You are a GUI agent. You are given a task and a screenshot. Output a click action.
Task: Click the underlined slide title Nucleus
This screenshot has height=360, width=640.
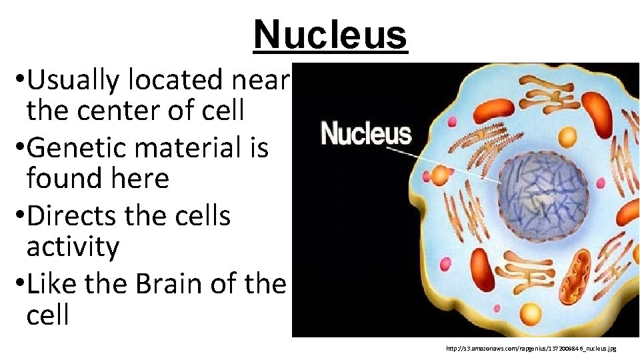330,35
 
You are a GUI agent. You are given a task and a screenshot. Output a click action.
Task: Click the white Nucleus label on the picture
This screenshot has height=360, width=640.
366,133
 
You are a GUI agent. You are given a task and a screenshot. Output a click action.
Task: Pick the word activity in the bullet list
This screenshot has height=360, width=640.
73,247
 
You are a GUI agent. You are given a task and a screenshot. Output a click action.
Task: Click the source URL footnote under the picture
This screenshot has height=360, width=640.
531,348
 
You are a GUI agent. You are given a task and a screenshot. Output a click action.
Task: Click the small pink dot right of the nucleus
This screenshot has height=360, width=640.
601,183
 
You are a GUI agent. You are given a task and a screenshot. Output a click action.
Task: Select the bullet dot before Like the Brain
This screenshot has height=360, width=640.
17,283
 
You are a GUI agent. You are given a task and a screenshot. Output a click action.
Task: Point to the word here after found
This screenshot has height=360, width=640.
138,178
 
